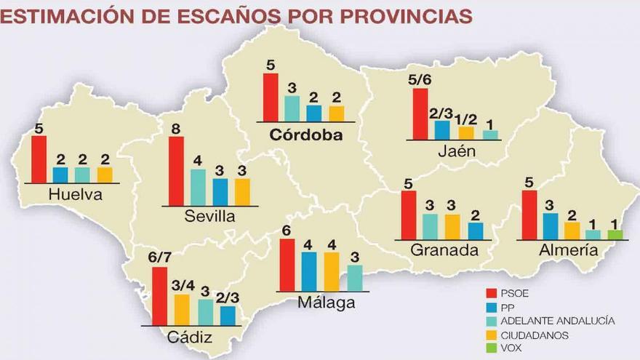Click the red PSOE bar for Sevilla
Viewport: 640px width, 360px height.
point(176,171)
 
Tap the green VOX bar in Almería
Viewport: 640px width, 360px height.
point(615,234)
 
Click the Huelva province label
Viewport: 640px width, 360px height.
point(74,195)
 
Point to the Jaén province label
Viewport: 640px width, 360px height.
point(457,151)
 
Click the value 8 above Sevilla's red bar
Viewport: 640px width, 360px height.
point(176,129)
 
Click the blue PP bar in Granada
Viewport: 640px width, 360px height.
point(476,231)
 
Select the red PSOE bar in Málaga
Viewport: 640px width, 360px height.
point(287,265)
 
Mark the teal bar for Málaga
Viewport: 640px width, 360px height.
point(354,278)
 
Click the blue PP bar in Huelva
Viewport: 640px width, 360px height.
point(60,175)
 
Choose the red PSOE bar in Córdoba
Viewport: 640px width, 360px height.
point(271,97)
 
